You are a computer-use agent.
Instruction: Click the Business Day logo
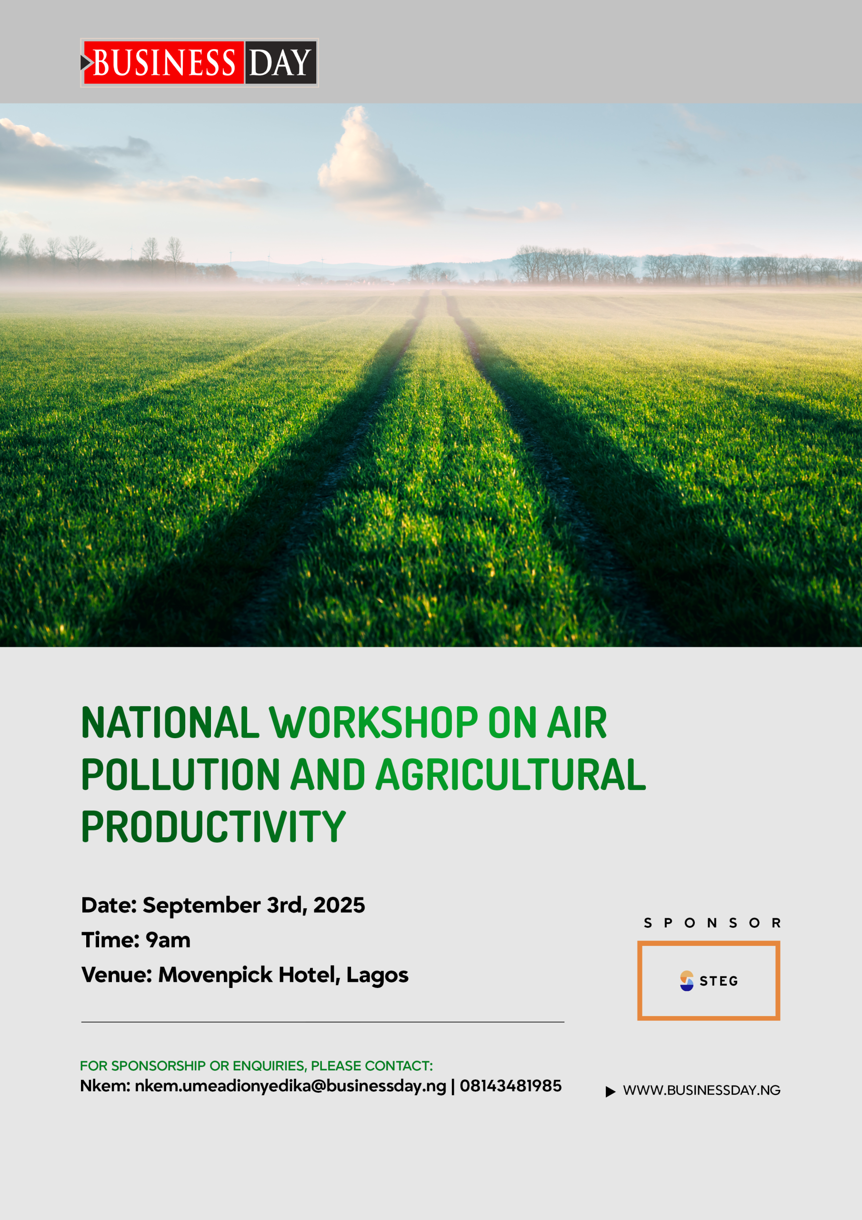[x=199, y=63]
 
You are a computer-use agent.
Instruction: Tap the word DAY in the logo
[x=280, y=63]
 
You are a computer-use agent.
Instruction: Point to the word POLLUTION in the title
[x=180, y=774]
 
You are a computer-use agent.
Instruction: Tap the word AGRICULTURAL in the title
[x=511, y=774]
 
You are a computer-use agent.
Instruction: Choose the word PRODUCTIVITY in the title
[x=213, y=826]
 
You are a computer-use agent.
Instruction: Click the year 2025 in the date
[x=340, y=905]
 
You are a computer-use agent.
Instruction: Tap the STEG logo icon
[x=687, y=981]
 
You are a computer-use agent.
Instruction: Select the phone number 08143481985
[x=511, y=1086]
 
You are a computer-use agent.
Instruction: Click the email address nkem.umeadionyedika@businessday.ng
[x=291, y=1086]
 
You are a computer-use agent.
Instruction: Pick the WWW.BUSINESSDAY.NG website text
[x=702, y=1090]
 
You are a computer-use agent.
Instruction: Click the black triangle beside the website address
[x=610, y=1091]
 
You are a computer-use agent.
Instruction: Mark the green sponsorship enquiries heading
[x=257, y=1066]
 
